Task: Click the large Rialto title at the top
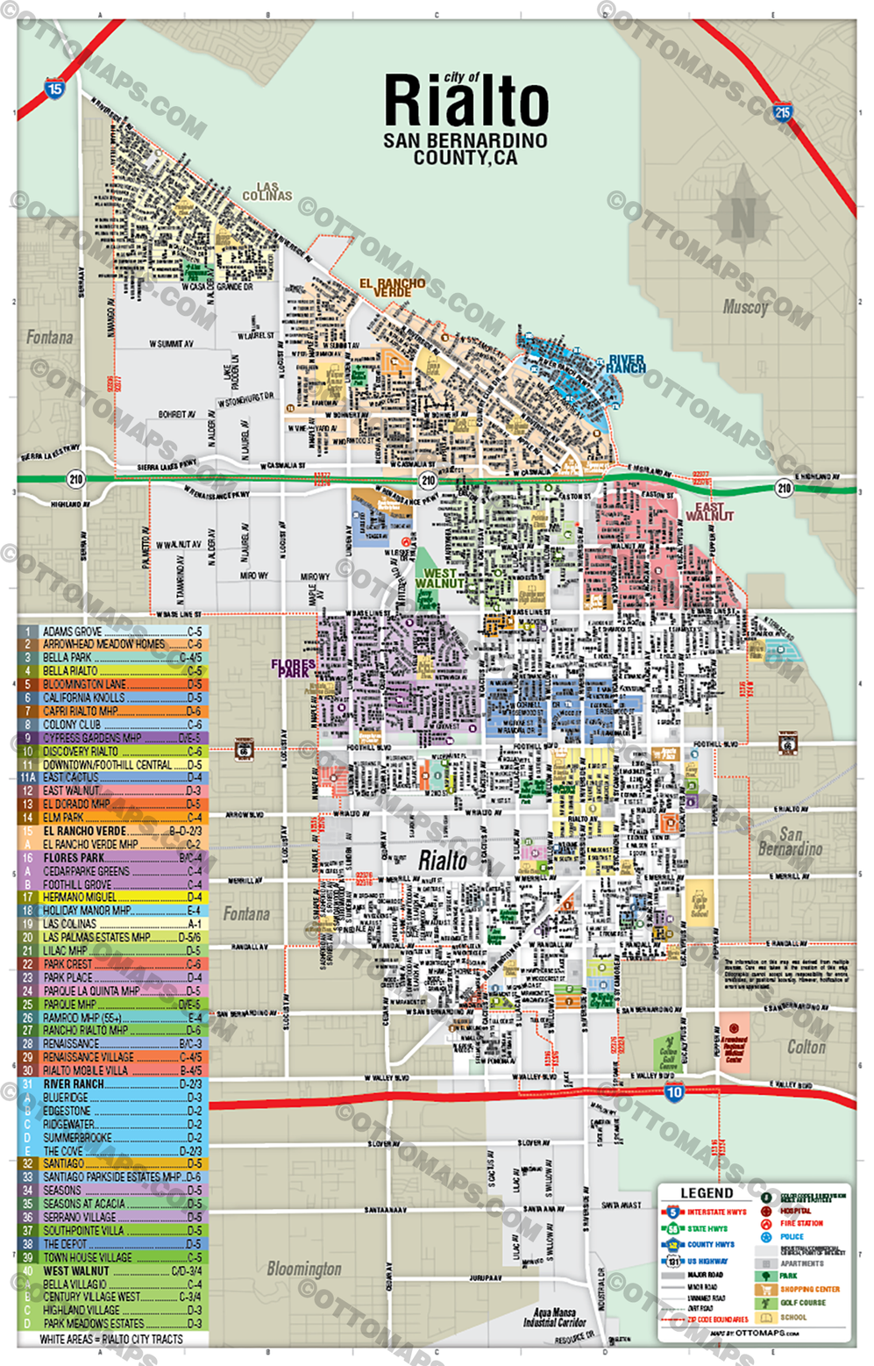(x=465, y=101)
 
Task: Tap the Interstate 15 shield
(x=54, y=89)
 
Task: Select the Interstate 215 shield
(x=782, y=111)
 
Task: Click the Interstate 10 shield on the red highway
(x=673, y=1092)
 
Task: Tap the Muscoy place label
(x=745, y=307)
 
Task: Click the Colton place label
(x=806, y=1047)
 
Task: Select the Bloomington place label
(x=304, y=1269)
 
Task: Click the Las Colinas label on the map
(x=266, y=191)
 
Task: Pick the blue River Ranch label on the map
(x=626, y=363)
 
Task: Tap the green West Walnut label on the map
(x=439, y=578)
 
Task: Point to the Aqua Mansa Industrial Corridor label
(x=554, y=1317)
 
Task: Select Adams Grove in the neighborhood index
(x=73, y=631)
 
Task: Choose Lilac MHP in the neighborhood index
(x=66, y=950)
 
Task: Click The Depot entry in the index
(x=66, y=1243)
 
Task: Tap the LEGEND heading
(x=707, y=1193)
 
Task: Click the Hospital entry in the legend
(x=795, y=1211)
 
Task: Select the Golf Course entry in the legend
(x=802, y=1303)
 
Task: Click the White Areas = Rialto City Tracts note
(x=111, y=1339)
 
